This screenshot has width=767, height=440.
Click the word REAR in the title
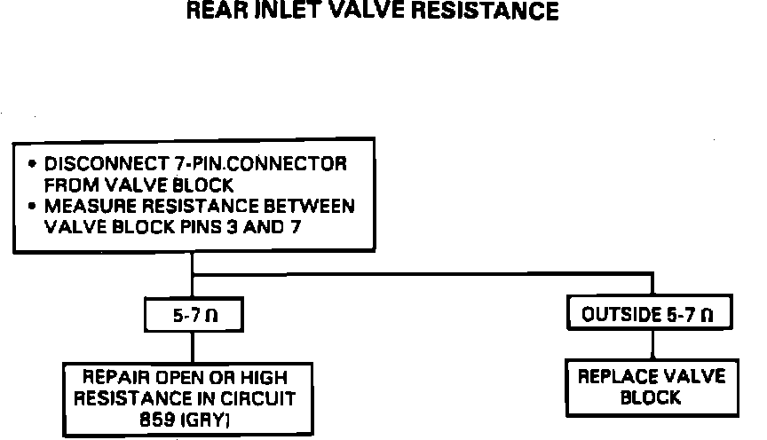[x=218, y=12]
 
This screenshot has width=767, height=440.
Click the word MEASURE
[x=83, y=207]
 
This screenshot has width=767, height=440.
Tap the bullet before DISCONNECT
[x=33, y=164]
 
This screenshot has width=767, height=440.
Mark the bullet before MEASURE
[x=33, y=207]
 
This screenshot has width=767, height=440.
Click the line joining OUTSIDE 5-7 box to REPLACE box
[x=652, y=344]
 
